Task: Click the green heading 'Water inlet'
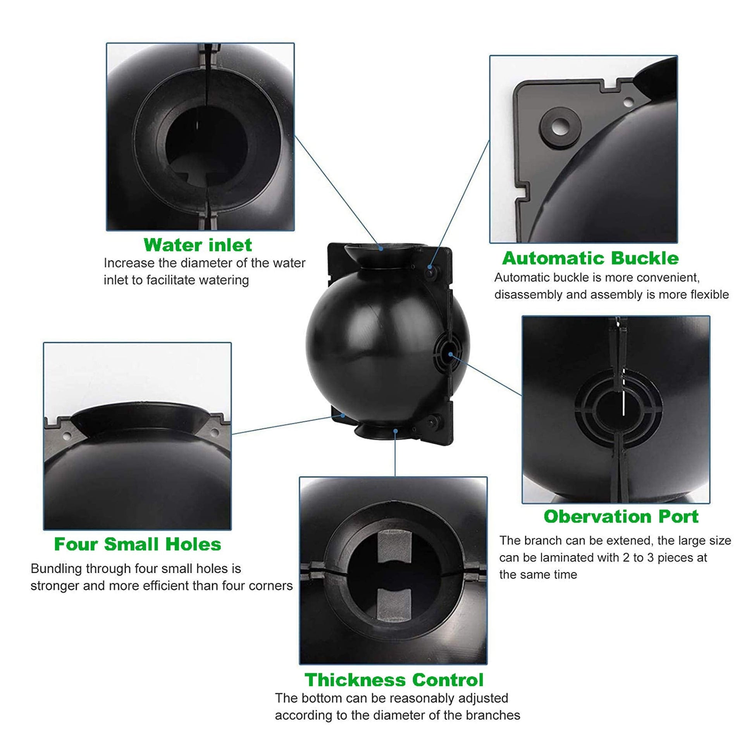click(198, 245)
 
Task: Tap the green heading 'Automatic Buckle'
click(590, 258)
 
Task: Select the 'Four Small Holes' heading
click(138, 544)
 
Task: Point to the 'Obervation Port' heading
click(621, 517)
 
